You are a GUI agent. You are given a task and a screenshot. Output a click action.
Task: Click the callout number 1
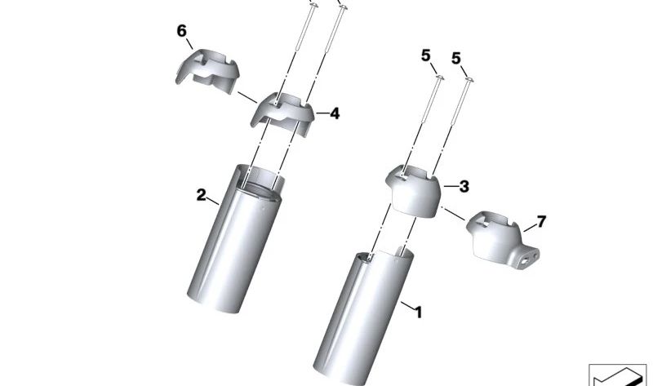coord(419,311)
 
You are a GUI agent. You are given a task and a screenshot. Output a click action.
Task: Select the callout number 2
coord(201,195)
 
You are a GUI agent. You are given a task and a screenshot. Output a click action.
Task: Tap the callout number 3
coord(463,187)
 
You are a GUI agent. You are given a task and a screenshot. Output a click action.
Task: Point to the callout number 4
coord(333,114)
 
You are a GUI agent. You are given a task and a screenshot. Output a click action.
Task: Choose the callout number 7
coord(540,222)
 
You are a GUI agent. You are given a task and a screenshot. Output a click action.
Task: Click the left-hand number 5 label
coord(425,57)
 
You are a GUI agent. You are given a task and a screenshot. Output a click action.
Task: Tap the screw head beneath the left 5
coord(439,78)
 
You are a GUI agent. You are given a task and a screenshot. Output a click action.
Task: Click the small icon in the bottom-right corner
coord(616,375)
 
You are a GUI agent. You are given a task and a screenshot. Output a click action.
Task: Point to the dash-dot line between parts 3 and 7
coord(454,214)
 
